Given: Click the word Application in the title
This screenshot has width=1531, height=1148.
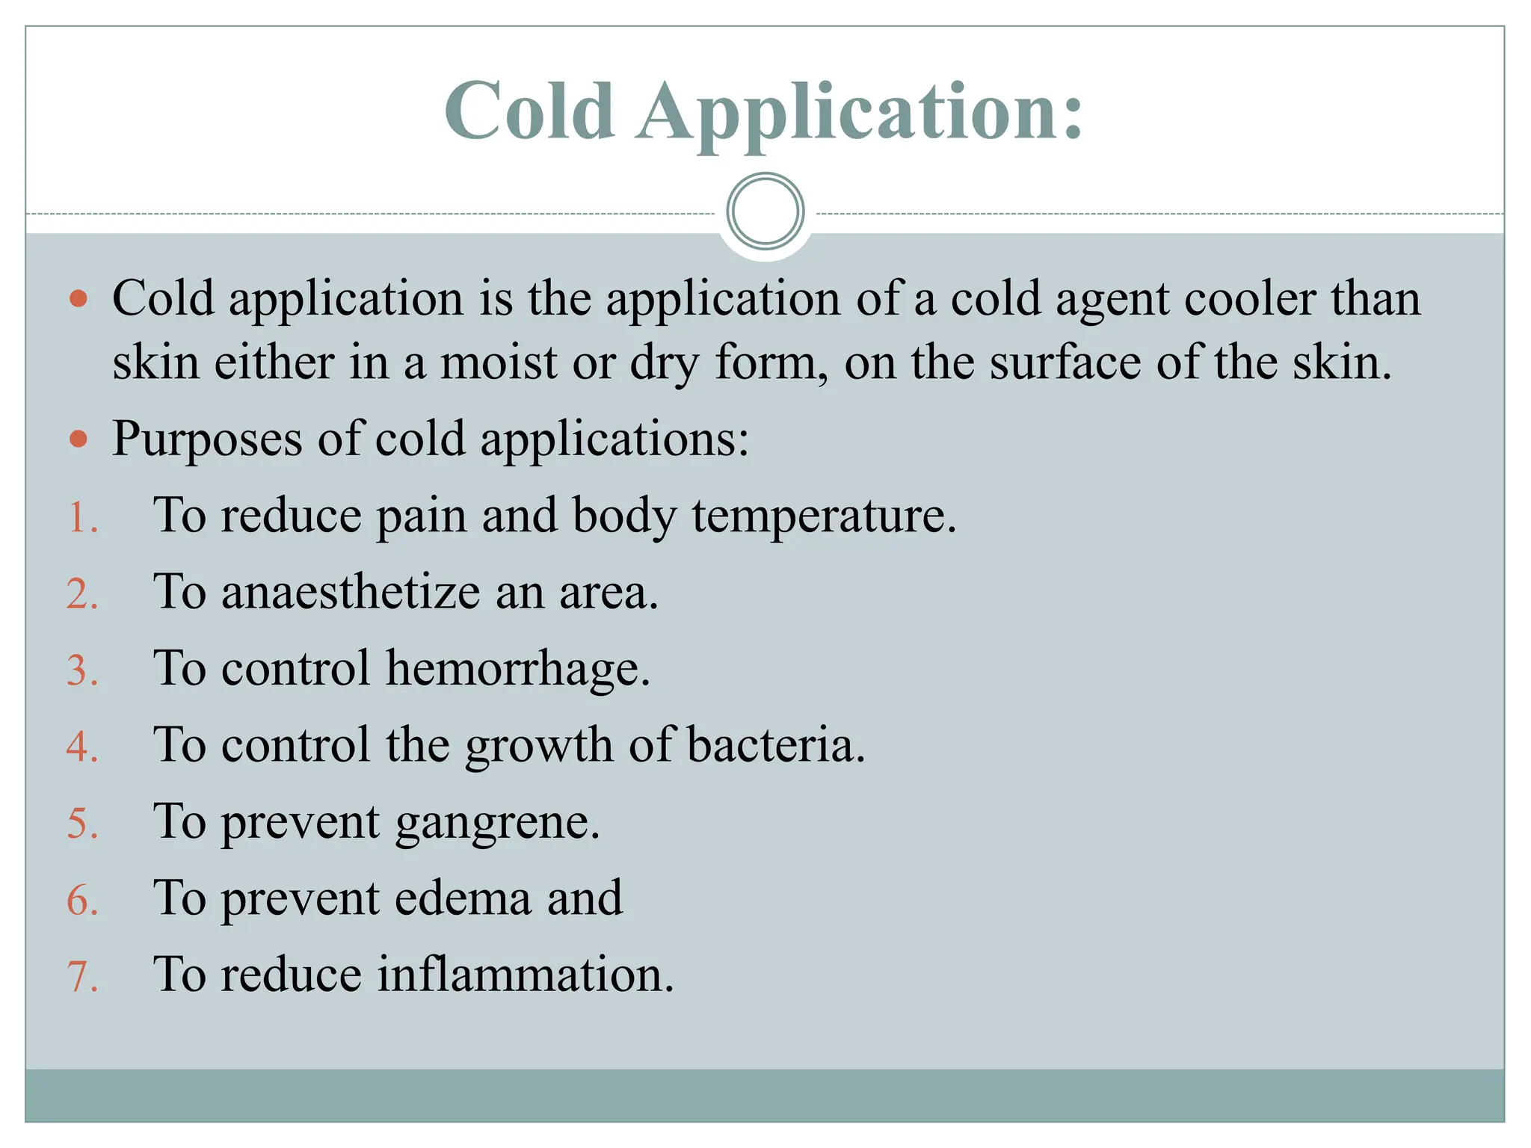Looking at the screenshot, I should click(860, 112).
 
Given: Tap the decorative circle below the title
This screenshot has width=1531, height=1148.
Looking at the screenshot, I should click(765, 212).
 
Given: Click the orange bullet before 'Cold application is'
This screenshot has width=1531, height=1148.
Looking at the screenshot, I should click(78, 300).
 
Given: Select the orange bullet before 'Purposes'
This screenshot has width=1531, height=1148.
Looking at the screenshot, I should click(78, 439).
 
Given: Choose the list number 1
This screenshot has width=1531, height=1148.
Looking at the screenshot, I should click(81, 518).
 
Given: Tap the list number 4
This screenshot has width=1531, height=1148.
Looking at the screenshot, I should click(81, 747).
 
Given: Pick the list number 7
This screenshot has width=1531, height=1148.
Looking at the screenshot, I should click(81, 976).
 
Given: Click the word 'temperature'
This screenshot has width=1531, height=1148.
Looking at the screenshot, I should click(822, 517).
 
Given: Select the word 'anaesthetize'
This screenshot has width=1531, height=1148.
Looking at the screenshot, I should click(351, 593).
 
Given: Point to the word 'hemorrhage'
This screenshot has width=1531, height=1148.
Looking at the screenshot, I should click(517, 668).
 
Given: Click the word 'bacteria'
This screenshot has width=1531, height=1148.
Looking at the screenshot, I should click(774, 745).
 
